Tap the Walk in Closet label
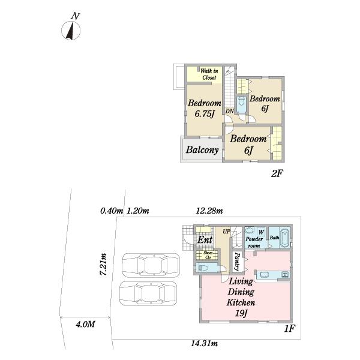(209, 74)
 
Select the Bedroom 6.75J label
(205, 108)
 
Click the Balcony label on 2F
(202, 149)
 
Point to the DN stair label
(229, 111)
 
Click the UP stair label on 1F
(226, 232)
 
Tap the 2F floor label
(277, 173)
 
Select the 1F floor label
(289, 329)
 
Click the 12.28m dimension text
(209, 211)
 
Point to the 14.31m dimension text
(205, 343)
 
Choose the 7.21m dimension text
(103, 265)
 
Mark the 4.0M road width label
(85, 324)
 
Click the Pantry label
(237, 261)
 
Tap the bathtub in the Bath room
(284, 238)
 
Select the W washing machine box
(261, 232)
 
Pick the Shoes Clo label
(208, 255)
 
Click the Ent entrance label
(205, 240)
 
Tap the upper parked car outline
(151, 265)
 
